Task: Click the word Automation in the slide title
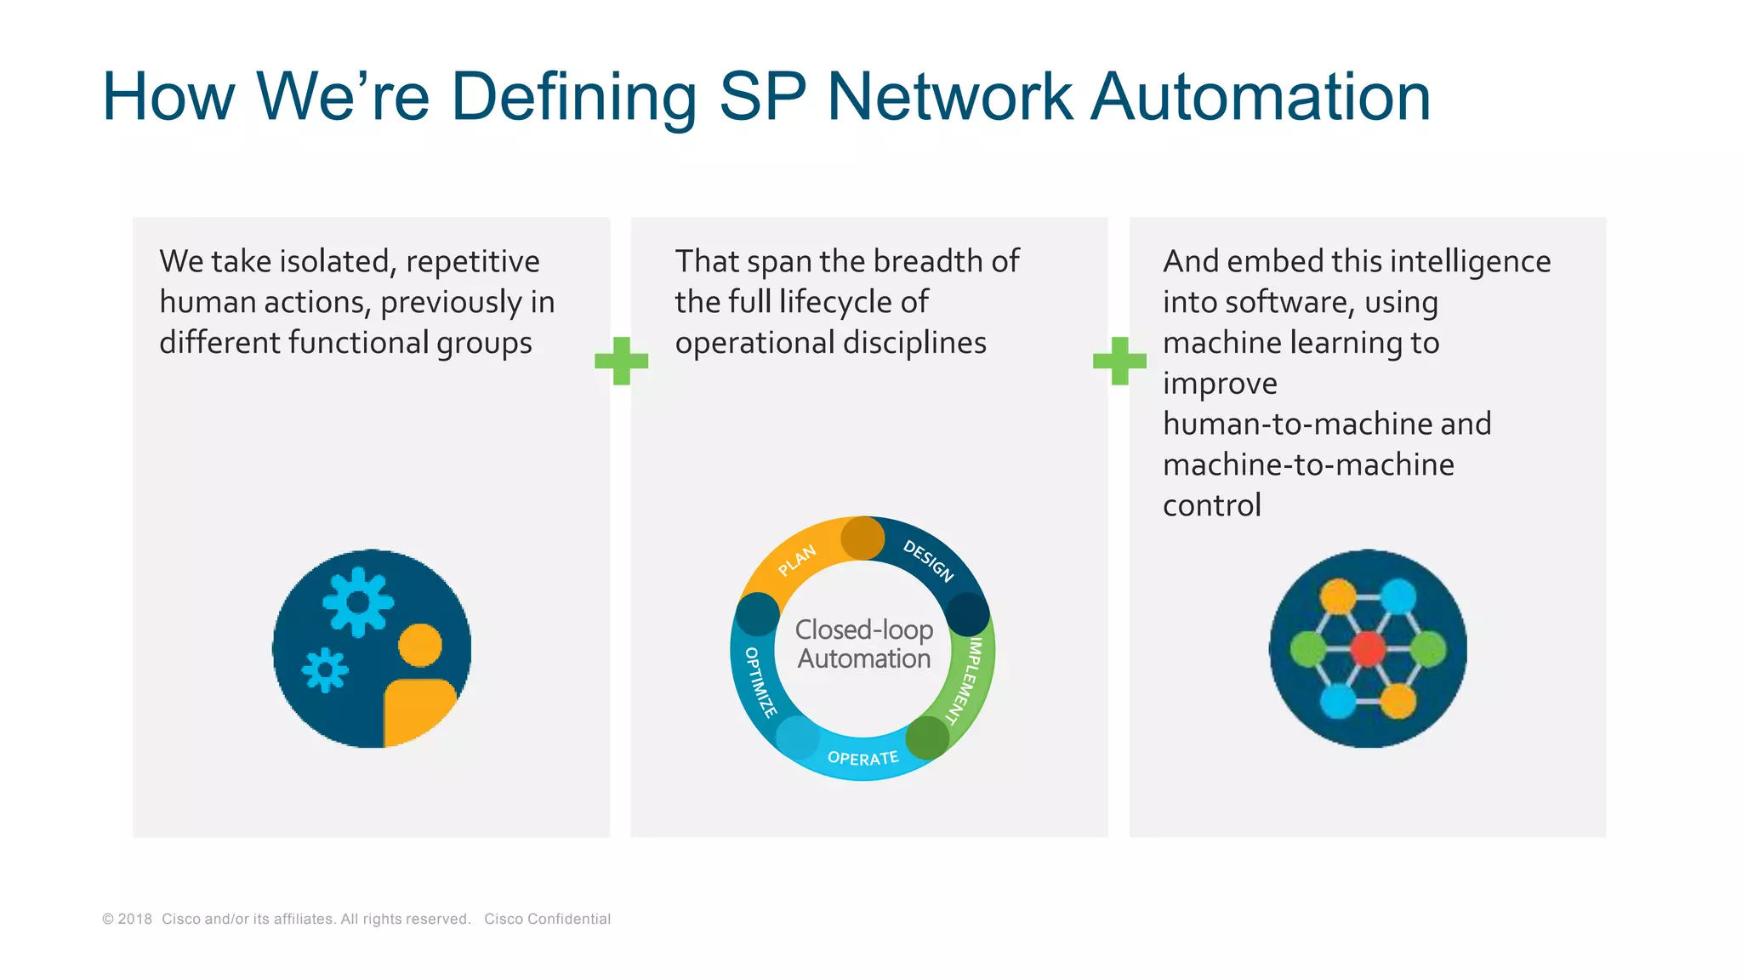coord(1261,97)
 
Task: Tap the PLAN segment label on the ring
coord(797,560)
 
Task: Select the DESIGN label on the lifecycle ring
coord(928,561)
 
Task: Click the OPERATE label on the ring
coord(862,758)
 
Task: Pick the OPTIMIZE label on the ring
coord(760,681)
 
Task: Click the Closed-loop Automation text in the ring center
coord(863,644)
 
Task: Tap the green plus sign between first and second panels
coord(622,361)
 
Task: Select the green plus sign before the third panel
coord(1119,361)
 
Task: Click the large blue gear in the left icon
coord(358,602)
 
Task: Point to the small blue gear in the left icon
coord(325,670)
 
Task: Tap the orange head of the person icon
coord(420,645)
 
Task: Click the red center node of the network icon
coord(1368,649)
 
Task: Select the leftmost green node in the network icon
coord(1308,649)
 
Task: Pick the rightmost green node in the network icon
coord(1428,649)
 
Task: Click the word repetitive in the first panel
coord(473,261)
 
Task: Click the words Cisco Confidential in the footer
coord(547,919)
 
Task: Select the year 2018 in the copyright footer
coord(135,919)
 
